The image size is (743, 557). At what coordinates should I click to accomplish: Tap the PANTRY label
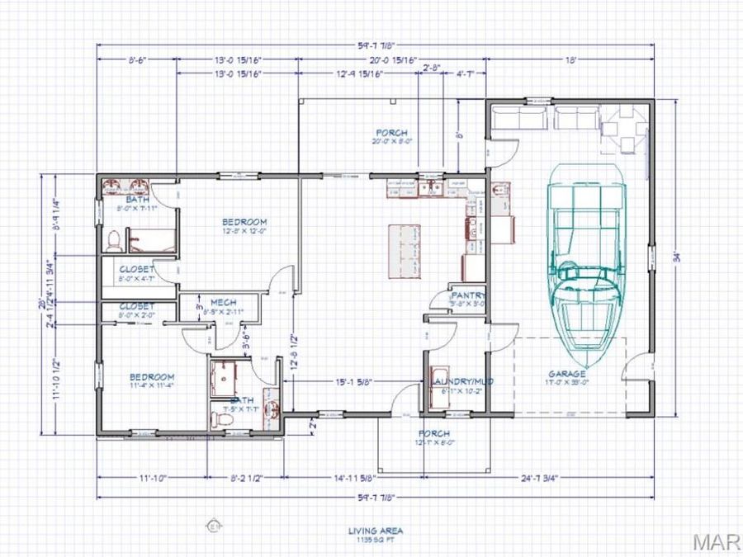point(467,295)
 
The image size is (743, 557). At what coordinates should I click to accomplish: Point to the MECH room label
point(224,302)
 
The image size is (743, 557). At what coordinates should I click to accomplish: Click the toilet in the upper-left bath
point(115,241)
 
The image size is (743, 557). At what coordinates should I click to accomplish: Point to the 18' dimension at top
point(570,60)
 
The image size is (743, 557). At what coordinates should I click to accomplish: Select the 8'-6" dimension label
point(137,60)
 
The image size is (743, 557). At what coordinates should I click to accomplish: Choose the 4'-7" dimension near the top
point(466,74)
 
